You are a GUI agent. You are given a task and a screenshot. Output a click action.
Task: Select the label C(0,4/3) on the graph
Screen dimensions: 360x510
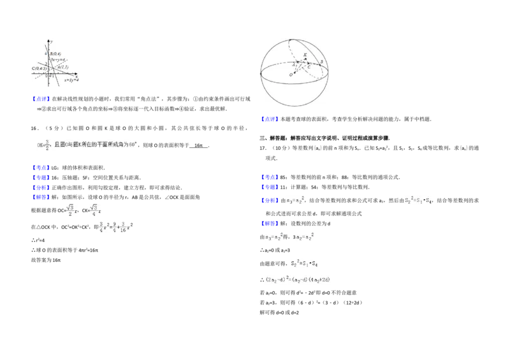click(38, 68)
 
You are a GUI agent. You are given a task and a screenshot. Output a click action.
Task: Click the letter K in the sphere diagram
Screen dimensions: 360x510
click(305, 55)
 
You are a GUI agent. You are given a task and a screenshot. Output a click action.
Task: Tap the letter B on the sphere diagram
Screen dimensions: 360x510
click(322, 62)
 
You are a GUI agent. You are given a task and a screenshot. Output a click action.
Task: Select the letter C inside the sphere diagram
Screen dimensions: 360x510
click(309, 66)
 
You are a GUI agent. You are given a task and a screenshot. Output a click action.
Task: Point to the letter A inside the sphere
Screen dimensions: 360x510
click(293, 64)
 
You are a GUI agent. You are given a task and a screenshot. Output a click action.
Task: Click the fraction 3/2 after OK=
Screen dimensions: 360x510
click(47, 145)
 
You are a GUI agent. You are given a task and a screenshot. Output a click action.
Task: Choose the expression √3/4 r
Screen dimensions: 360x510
click(94, 211)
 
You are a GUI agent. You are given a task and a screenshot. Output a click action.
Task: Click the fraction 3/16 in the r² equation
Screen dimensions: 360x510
click(122, 227)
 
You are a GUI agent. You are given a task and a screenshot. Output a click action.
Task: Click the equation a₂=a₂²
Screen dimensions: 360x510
click(303, 237)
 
